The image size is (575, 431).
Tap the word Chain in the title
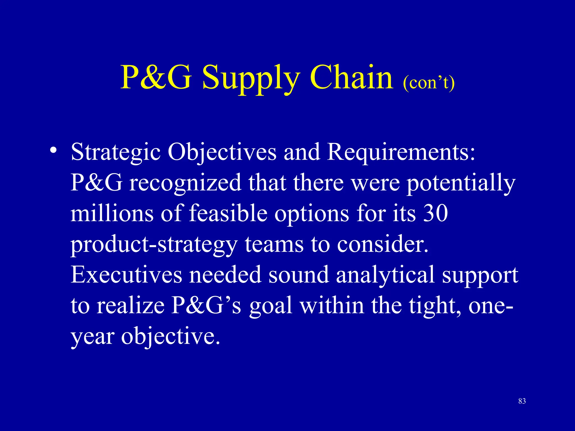[x=351, y=77]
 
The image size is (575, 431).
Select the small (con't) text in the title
[x=429, y=83]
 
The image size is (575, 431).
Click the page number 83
[x=522, y=401]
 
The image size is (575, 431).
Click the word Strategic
[x=116, y=152]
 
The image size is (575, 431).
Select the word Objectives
[x=222, y=152]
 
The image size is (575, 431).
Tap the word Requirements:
[x=401, y=152]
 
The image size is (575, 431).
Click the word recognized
[x=185, y=183]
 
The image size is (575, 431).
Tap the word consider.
[x=383, y=244]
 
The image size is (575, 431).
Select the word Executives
[x=126, y=275]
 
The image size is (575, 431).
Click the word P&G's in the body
[x=206, y=306]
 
